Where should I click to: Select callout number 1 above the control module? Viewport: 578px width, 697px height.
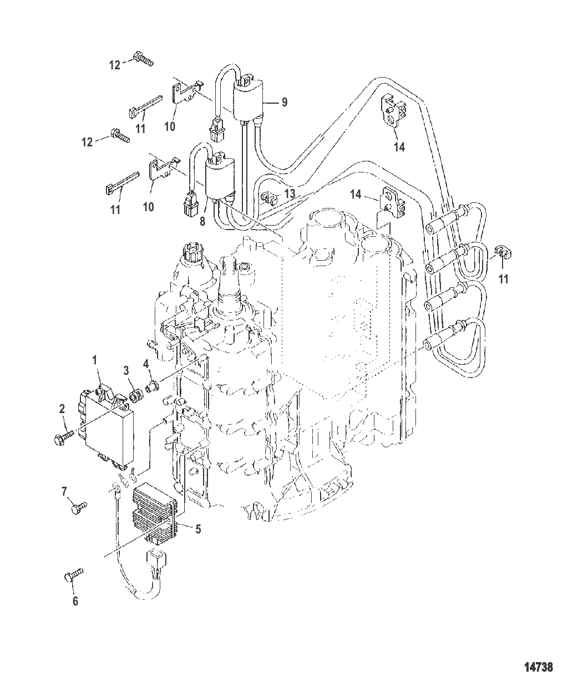pos(94,360)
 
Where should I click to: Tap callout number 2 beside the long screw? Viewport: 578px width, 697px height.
pos(62,409)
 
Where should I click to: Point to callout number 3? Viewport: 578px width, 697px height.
pos(126,370)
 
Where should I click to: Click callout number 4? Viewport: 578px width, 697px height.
pos(146,364)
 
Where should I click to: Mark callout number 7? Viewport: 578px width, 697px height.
pos(64,491)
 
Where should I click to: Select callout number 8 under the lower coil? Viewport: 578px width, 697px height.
pos(202,221)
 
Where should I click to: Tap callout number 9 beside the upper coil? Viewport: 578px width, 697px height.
pos(285,102)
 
